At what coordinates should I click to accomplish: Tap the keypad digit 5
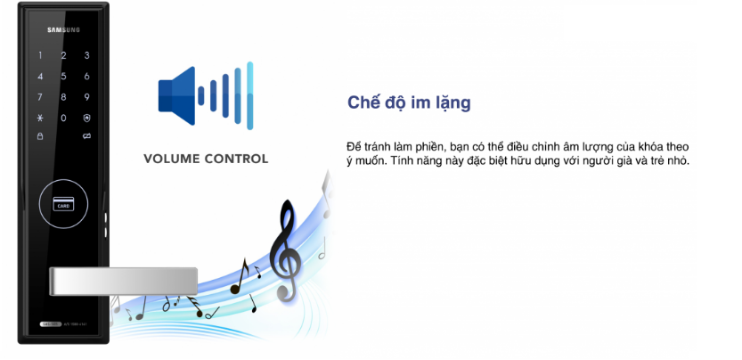point(62,77)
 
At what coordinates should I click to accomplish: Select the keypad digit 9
point(62,97)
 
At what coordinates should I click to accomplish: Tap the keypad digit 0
point(62,119)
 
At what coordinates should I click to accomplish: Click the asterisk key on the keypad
point(39,119)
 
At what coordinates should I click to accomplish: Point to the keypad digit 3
point(86,56)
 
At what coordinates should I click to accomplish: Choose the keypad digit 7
point(39,97)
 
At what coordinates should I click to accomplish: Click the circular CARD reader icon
point(62,203)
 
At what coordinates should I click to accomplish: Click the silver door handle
point(125,282)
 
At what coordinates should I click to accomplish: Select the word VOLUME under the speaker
point(175,160)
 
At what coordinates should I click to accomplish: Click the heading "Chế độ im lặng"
point(409,103)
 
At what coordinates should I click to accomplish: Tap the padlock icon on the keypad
point(39,136)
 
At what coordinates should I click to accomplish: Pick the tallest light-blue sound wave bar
point(250,95)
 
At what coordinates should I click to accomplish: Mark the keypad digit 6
point(86,77)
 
